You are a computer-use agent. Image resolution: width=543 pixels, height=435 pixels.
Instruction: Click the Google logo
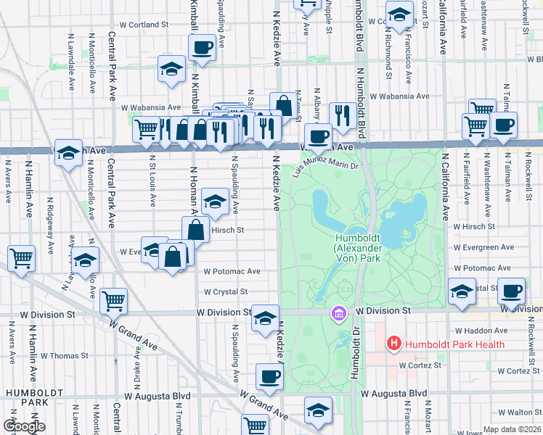click(24, 426)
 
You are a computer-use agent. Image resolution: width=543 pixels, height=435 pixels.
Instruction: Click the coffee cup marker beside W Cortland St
click(202, 49)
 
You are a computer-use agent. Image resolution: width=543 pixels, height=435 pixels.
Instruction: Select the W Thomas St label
click(65, 356)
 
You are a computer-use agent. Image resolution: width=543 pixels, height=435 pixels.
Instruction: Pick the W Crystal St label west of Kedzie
click(226, 292)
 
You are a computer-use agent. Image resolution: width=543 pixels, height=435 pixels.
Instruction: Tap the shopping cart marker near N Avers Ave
click(22, 258)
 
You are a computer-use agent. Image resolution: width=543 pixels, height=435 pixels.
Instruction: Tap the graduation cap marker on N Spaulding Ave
click(215, 202)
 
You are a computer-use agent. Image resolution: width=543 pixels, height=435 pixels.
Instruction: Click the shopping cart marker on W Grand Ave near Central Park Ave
click(114, 299)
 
